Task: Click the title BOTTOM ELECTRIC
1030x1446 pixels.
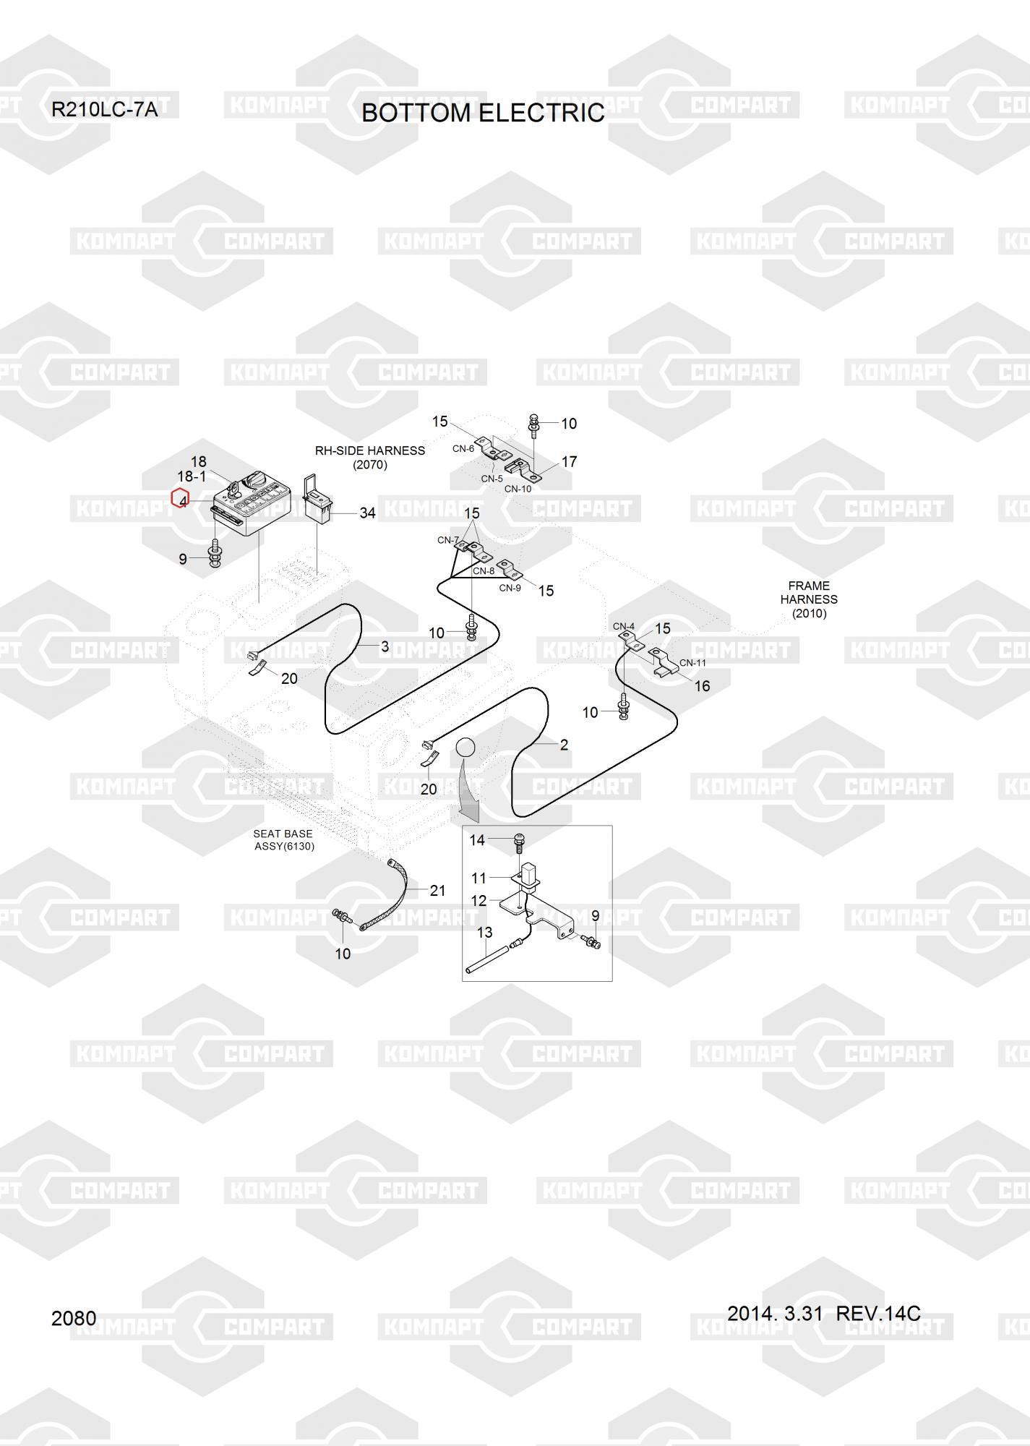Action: click(x=483, y=113)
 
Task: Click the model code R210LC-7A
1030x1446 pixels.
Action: click(x=104, y=110)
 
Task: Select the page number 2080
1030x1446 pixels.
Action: click(x=74, y=1318)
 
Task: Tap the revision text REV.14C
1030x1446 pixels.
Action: click(x=878, y=1313)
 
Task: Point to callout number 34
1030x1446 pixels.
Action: click(x=367, y=513)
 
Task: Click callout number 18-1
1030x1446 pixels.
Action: click(x=192, y=476)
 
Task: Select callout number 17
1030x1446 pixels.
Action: click(x=569, y=461)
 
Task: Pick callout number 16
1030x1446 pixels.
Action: click(x=702, y=685)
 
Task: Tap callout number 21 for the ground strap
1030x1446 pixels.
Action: click(x=437, y=891)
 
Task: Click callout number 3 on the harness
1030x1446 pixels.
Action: click(x=385, y=646)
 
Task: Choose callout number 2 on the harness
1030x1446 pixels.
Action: click(x=564, y=745)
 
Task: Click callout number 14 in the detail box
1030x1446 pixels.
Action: click(x=477, y=840)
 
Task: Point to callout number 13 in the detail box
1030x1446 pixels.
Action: click(x=484, y=933)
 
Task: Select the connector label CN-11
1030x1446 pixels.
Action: click(x=692, y=662)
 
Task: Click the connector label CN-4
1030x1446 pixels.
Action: click(x=623, y=626)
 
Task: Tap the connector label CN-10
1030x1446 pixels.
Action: click(x=518, y=489)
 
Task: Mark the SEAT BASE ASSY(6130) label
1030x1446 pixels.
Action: click(x=283, y=840)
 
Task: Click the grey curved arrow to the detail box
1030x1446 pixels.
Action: click(x=469, y=795)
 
